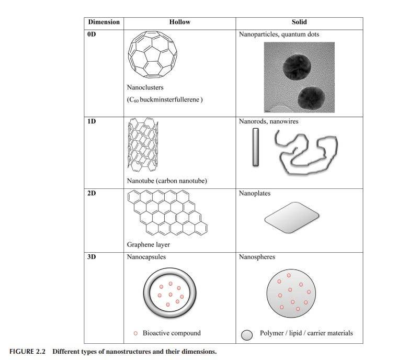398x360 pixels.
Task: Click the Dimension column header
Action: click(104, 22)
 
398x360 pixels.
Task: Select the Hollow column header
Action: click(179, 22)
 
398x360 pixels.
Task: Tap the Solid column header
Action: click(299, 22)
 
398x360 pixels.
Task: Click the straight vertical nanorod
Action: click(256, 148)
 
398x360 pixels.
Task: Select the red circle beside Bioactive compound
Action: click(136, 333)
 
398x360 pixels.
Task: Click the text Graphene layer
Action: click(149, 244)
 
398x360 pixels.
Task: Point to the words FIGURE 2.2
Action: click(28, 351)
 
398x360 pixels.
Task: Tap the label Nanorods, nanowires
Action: click(268, 121)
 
